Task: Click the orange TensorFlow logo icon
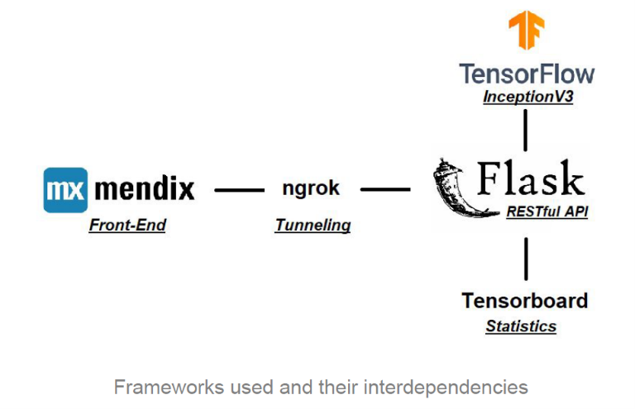(527, 31)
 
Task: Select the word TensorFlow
(527, 74)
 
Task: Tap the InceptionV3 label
(528, 97)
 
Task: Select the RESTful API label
(547, 212)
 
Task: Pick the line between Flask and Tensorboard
(526, 259)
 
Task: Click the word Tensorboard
(525, 300)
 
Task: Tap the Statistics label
(521, 326)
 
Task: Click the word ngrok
(311, 188)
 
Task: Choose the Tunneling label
(313, 225)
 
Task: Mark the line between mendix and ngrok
(239, 190)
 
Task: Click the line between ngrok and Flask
(385, 189)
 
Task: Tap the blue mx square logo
(65, 189)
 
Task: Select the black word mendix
(145, 189)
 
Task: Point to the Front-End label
(127, 225)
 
